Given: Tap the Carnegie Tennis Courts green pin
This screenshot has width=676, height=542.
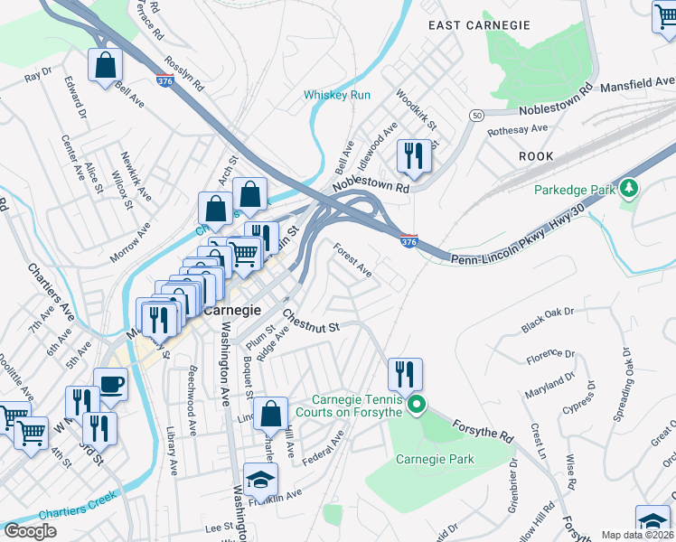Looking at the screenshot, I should click(x=416, y=404).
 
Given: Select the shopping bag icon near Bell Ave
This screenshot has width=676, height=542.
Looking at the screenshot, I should click(x=106, y=66).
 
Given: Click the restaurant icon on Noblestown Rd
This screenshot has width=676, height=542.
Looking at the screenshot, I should click(x=414, y=156).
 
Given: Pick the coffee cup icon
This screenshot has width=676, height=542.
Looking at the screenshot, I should click(x=111, y=385).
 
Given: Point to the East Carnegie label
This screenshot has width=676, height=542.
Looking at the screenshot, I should click(x=479, y=25).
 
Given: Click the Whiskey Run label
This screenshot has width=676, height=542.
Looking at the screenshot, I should click(x=337, y=95).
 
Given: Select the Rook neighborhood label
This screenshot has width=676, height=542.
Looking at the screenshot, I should click(x=536, y=156).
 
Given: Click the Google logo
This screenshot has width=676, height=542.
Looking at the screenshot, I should click(x=31, y=531).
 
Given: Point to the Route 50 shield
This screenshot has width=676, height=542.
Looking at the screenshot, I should click(x=476, y=116).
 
